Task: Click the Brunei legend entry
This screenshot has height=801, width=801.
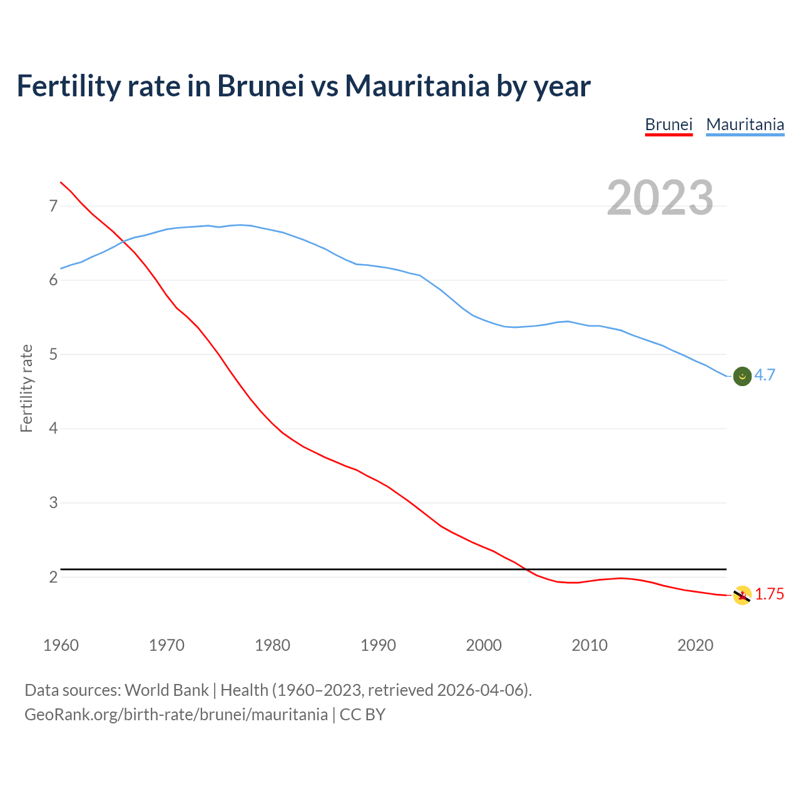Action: [668, 125]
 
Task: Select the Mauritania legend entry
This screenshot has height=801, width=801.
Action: [745, 125]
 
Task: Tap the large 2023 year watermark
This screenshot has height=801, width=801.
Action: [660, 198]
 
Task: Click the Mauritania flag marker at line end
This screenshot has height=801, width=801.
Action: [742, 376]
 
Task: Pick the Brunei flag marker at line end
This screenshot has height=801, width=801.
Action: [742, 595]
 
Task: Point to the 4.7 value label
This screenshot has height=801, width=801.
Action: [765, 375]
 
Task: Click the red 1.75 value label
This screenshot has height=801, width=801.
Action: [769, 594]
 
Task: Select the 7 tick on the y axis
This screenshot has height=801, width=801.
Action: [53, 206]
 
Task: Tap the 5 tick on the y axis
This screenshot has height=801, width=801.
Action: [53, 355]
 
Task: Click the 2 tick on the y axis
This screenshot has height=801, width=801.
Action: [53, 577]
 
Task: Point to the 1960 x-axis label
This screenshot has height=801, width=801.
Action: [61, 645]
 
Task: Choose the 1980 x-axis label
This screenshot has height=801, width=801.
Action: [272, 645]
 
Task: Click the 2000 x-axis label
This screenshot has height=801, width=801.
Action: [484, 645]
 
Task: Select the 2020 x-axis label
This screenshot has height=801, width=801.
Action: [695, 645]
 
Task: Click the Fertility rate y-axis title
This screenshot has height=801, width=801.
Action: [26, 388]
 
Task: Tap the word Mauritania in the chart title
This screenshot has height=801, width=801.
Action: [417, 86]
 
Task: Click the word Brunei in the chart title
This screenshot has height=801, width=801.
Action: [260, 86]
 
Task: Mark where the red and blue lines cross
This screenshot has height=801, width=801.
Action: [123, 241]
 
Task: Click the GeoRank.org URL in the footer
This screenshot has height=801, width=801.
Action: [176, 714]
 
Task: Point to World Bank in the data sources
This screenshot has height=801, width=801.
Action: [166, 690]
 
